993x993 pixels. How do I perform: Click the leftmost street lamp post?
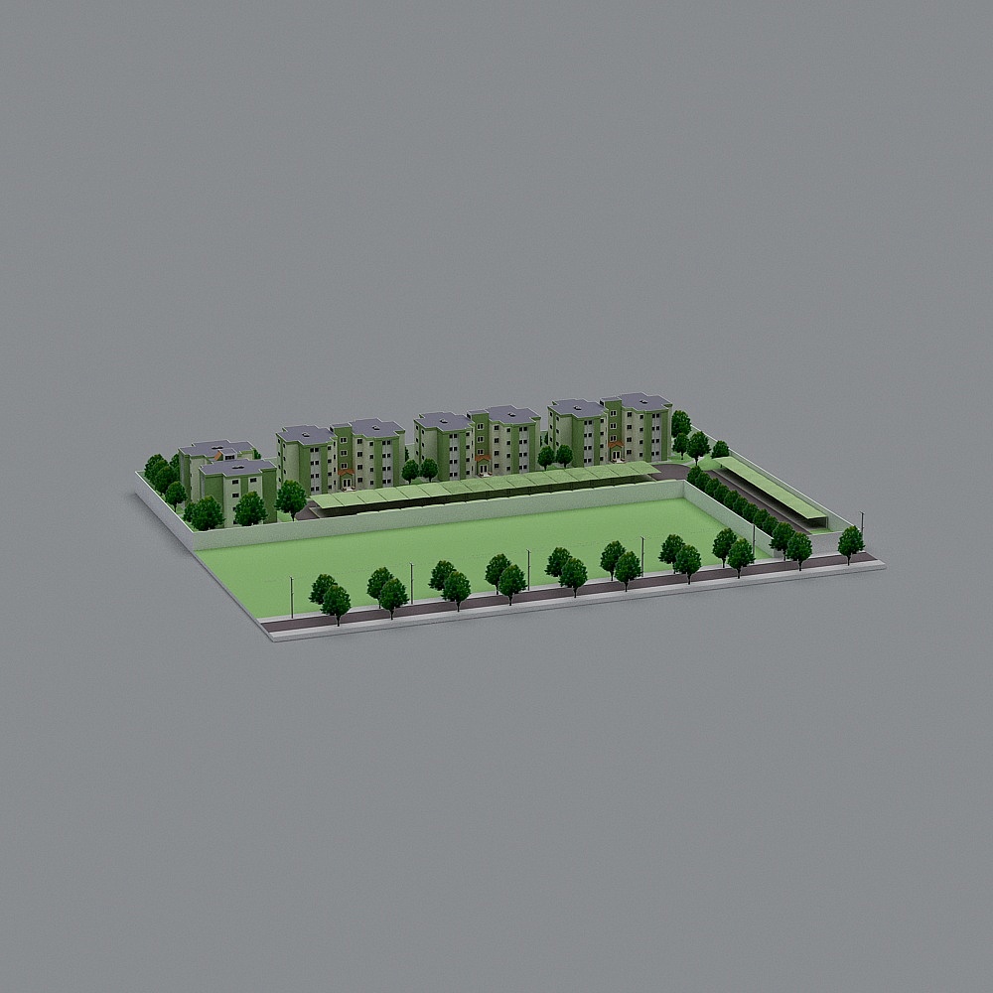click(x=291, y=596)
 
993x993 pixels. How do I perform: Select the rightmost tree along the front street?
click(x=850, y=542)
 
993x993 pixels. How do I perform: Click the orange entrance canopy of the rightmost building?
click(x=616, y=444)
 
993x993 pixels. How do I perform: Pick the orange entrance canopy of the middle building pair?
click(x=483, y=458)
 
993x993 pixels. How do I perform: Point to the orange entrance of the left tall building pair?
click(x=347, y=473)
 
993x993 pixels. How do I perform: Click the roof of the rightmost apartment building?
click(x=638, y=400)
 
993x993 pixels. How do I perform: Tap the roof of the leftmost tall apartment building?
click(x=305, y=433)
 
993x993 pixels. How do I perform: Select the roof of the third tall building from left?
click(x=442, y=420)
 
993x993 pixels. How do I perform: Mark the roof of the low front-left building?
click(x=236, y=466)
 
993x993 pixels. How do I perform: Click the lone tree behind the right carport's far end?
click(x=720, y=449)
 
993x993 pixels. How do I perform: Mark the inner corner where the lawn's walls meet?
click(x=683, y=484)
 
